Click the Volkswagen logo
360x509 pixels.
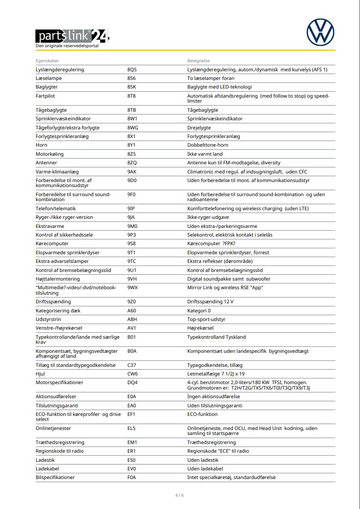coord(320,31)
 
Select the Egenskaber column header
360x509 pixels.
coord(48,61)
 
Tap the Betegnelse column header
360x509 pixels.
coord(198,61)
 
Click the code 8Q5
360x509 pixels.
coord(132,70)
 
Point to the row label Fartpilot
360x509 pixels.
coord(45,96)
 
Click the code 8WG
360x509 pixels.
coord(133,128)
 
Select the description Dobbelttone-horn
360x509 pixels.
coord(208,145)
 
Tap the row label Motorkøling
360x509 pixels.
coord(50,154)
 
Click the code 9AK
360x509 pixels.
coord(132,172)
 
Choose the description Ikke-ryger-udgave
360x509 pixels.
coord(208,217)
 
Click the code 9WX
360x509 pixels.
coord(133,287)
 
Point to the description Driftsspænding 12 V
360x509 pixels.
coord(211,301)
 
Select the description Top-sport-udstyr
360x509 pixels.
coord(207,319)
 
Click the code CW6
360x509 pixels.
coord(133,374)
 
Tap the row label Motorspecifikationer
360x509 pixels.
coord(59,382)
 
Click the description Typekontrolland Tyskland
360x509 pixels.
coord(217,337)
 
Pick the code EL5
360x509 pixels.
coord(132,428)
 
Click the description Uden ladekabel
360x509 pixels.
coord(205,469)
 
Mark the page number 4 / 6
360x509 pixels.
coord(180,495)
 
